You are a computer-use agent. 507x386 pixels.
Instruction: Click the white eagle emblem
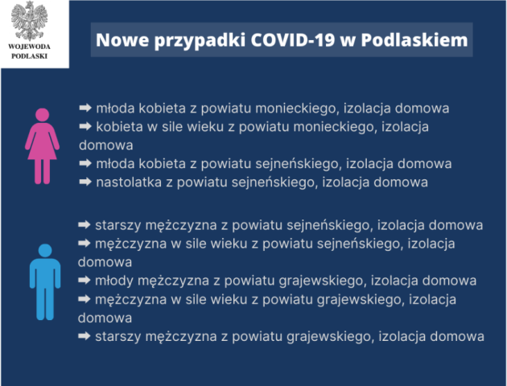[30, 21]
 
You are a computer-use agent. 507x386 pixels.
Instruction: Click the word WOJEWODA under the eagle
[30, 47]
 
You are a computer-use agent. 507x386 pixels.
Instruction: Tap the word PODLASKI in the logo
[30, 56]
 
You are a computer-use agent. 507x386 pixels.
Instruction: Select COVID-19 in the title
[293, 40]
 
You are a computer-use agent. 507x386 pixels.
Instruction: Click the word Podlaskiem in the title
[414, 40]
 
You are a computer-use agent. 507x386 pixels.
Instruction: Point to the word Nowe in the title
[122, 40]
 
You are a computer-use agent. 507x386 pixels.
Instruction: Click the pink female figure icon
[43, 146]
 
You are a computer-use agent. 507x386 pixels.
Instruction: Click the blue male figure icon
[45, 282]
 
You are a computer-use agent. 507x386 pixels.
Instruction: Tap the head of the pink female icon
[43, 115]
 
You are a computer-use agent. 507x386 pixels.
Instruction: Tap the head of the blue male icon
[45, 251]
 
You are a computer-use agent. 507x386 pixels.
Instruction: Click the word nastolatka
[129, 183]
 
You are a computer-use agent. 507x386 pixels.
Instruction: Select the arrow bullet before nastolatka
[85, 182]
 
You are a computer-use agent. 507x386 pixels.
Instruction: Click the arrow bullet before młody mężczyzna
[84, 280]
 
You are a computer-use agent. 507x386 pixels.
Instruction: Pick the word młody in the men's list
[114, 281]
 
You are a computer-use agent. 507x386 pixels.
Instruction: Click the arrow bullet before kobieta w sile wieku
[85, 126]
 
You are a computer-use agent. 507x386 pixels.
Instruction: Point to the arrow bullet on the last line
[84, 336]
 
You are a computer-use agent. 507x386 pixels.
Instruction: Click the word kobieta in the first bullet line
[163, 109]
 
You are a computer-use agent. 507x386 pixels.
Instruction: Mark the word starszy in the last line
[118, 337]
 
